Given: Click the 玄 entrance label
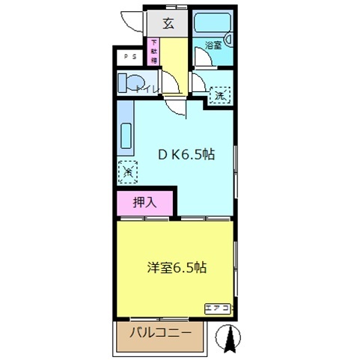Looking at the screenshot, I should [x=168, y=23].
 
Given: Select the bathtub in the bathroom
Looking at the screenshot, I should [x=213, y=24].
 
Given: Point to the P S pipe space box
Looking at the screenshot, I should [x=130, y=56].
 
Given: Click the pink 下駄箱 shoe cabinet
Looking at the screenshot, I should [x=154, y=52].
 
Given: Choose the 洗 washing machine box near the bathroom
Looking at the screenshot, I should [x=219, y=95].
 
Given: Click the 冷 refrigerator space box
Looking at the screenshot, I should [x=128, y=173].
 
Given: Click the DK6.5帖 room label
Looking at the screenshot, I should [x=186, y=155].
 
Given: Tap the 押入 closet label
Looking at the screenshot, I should [x=144, y=201].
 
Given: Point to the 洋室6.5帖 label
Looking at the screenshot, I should [x=176, y=267].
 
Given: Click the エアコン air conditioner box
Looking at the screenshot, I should [x=219, y=308].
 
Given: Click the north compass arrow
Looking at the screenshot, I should [x=231, y=339].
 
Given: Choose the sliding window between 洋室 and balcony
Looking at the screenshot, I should [x=161, y=317].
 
